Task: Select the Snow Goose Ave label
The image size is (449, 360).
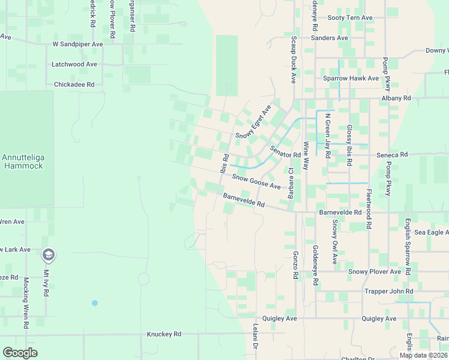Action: point(256,182)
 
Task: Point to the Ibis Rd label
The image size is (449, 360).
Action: point(224,164)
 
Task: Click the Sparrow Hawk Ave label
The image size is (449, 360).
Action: point(351,78)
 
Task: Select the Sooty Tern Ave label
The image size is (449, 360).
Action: point(350,18)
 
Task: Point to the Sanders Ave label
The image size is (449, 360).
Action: point(330,38)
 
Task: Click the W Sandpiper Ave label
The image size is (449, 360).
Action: point(78,44)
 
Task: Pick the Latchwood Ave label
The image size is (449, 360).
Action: point(74,64)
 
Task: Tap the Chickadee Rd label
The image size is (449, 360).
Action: point(74,85)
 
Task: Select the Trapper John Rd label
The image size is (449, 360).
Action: point(389,292)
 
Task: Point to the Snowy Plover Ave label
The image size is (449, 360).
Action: point(375,272)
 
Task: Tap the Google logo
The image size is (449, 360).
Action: point(20,353)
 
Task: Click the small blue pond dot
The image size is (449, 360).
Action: point(94,303)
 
